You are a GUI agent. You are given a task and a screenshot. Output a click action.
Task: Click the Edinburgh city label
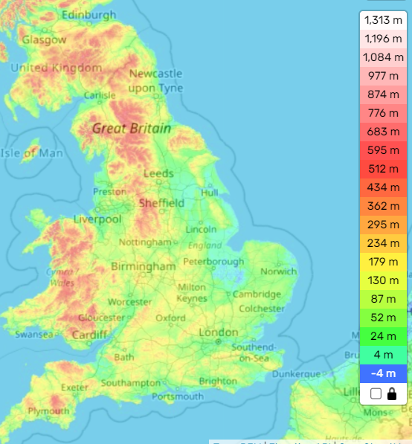pos(89,15)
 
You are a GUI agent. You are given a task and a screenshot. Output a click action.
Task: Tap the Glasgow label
pos(44,40)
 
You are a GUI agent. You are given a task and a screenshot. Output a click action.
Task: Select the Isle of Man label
pos(31,154)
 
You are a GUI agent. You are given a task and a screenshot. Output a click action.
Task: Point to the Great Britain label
pos(131,129)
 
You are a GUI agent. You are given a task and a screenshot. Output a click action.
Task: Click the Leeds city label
pos(158,174)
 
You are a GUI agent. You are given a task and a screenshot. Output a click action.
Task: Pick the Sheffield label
pos(161,203)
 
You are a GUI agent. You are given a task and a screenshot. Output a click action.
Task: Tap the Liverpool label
pos(97,219)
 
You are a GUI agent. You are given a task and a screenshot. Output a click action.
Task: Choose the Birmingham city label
pos(143,266)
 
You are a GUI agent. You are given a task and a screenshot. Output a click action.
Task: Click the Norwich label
pos(278,271)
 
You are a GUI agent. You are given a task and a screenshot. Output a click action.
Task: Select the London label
pos(219,332)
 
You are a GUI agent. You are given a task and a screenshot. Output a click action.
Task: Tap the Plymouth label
pos(48,411)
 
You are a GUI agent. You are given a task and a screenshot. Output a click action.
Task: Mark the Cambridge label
pos(257,295)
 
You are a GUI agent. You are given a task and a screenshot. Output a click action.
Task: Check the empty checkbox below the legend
pos(376,393)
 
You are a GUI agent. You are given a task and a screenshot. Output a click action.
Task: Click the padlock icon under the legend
pos(392,393)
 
